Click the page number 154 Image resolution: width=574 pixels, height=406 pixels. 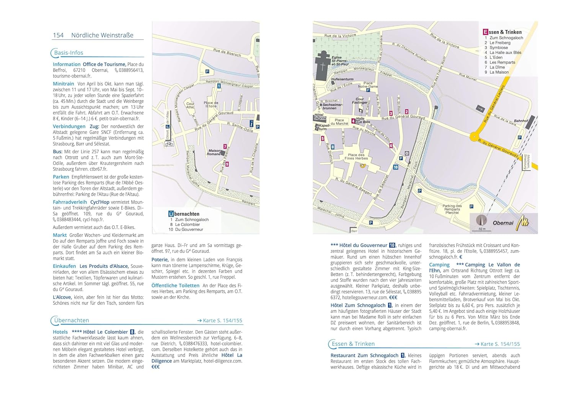click(58, 35)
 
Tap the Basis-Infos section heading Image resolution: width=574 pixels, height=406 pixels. click(68, 53)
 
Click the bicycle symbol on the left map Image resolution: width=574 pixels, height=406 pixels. click(169, 144)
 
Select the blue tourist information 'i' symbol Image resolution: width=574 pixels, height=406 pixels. click(251, 124)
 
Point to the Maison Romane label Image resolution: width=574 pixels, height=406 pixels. click(214, 152)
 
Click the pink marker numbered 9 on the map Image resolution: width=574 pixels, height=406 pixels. click(227, 164)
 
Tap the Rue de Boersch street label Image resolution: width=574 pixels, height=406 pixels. click(227, 53)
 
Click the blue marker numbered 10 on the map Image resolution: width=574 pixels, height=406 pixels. click(396, 167)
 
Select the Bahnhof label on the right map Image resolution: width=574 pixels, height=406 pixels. click(521, 121)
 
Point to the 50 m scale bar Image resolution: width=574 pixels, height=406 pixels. click(482, 229)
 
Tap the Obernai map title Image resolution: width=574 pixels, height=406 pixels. click(503, 223)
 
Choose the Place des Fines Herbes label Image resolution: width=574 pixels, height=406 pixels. click(356, 157)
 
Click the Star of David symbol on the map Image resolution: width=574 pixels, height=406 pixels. click(407, 153)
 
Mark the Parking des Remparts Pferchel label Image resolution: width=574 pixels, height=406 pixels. click(452, 209)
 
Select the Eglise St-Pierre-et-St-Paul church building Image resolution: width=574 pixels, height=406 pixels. click(323, 65)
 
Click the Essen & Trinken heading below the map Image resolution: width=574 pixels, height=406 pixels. click(353, 344)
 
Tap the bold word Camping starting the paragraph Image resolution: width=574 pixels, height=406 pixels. click(439, 265)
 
